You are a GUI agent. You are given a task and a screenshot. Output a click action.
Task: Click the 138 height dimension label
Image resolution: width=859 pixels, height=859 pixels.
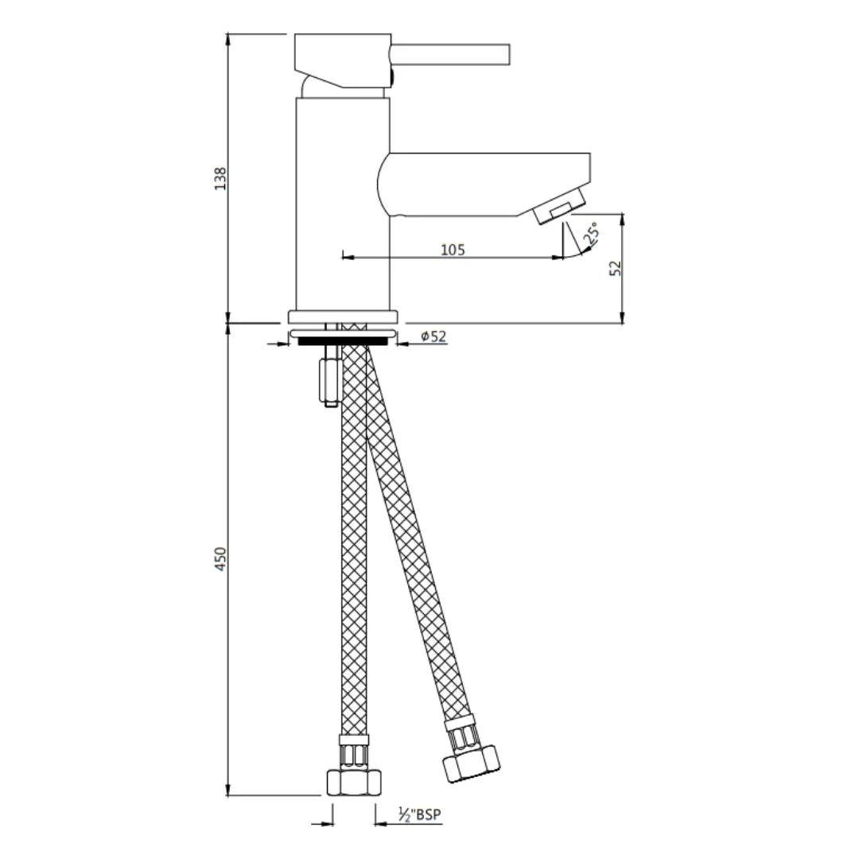pos(221,177)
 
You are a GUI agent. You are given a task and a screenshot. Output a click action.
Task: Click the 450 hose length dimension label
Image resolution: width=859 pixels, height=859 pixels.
pos(221,558)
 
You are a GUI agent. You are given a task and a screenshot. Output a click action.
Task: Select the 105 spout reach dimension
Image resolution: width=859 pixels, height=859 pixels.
pos(453,250)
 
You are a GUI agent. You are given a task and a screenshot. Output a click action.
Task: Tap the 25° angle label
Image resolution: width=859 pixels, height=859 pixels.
pos(591,235)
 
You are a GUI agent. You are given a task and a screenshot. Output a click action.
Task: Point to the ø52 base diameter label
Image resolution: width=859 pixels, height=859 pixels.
pos(433,336)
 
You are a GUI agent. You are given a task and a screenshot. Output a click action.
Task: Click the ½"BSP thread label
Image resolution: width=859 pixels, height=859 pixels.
pos(419,814)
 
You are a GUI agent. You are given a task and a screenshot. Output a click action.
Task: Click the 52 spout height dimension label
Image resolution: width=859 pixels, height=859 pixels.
pos(616,268)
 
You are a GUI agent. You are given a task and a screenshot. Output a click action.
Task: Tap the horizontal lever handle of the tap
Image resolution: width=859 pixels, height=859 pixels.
pos(449,54)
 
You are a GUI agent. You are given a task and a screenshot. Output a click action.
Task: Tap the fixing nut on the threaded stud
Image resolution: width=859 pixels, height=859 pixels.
pos(329,379)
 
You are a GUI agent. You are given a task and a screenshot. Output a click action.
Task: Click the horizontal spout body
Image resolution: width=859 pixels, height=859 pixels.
pos(485,184)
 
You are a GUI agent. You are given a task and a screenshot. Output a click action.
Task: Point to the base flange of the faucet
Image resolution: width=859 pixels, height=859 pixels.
pos(342,316)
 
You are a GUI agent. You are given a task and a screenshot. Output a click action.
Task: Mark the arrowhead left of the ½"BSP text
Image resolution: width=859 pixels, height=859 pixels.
pos(382,823)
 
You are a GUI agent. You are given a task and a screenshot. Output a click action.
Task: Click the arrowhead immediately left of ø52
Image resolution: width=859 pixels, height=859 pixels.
pos(402,344)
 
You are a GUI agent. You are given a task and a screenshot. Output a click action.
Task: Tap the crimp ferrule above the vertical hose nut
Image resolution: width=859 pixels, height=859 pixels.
pos(354,751)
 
